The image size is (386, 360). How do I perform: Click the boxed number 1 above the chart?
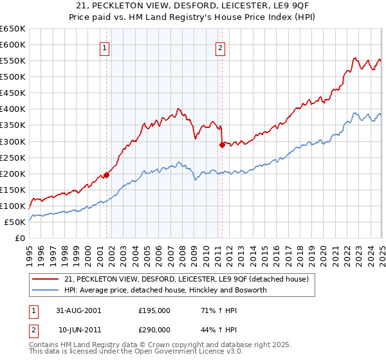coord(104,47)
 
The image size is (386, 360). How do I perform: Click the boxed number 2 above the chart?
coord(220,47)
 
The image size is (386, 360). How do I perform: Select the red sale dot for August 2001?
coord(107,174)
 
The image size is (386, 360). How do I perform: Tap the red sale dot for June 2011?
coord(222,145)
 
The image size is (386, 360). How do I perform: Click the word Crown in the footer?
coord(145,345)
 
